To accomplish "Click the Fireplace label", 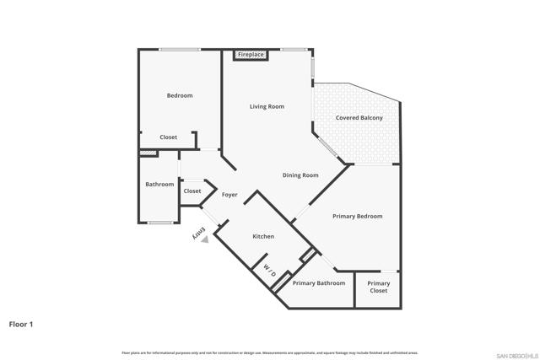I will pos(251,55).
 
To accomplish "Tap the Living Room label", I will pos(267,107).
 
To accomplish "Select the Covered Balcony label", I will pos(359,118).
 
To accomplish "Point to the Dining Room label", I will pos(300,175).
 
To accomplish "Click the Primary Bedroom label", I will pos(357,217).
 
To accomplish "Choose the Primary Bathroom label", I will pos(319,283).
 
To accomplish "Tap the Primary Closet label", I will pos(379,287).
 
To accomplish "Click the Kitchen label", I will pos(263,237).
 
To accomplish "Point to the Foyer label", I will pos(229,195).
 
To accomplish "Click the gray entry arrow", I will pos(204,239).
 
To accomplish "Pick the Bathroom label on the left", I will pos(159,185).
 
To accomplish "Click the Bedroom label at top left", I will pos(180,96).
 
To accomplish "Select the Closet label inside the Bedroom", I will pos(169,137).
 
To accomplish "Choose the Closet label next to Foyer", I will pos(192,191).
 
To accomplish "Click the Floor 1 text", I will pos(21,324).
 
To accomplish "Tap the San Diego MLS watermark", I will pos(516,354).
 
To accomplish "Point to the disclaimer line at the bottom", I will pos(270,352).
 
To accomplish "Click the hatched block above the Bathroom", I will pos(148,153).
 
